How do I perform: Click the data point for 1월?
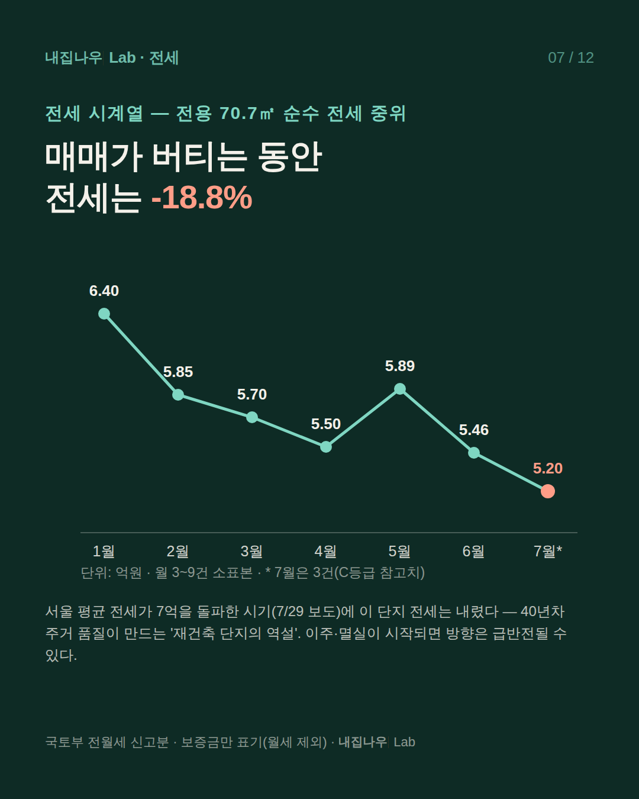pos(104,314)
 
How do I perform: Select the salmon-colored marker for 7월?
pos(548,491)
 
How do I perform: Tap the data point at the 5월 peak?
pos(400,389)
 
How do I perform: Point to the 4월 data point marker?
pos(326,447)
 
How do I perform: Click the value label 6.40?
pos(104,291)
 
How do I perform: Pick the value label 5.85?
pos(178,372)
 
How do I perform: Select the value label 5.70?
pos(252,395)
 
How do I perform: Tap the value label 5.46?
pos(474,430)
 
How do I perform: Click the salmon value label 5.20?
pos(548,469)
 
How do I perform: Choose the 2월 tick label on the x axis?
pos(178,552)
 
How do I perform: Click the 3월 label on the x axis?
pos(251,552)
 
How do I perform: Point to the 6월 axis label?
pos(473,552)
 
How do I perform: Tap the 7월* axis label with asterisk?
pos(548,552)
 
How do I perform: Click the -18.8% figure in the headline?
pos(202,198)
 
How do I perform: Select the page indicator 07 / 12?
pos(571,58)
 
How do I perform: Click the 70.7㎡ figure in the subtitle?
pos(247,114)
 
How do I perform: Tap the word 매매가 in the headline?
pos(93,157)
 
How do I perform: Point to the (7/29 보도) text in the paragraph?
pos(306,611)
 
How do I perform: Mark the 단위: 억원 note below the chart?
pos(111,573)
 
